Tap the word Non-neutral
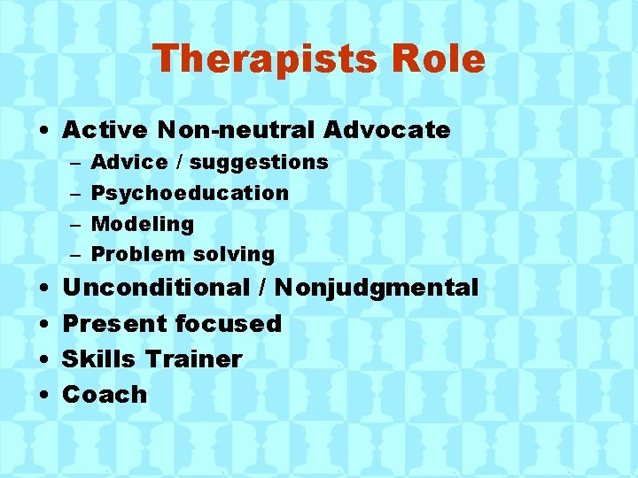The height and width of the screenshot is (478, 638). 236,130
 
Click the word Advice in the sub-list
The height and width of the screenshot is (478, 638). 129,162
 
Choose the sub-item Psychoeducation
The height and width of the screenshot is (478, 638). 190,193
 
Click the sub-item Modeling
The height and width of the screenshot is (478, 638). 143,224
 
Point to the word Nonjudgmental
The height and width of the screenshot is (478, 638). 377,289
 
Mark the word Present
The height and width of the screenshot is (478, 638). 114,324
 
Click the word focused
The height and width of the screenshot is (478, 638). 228,324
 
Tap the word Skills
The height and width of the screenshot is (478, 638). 99,359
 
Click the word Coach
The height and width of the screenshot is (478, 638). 105,395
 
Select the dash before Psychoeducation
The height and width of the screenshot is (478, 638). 74,194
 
